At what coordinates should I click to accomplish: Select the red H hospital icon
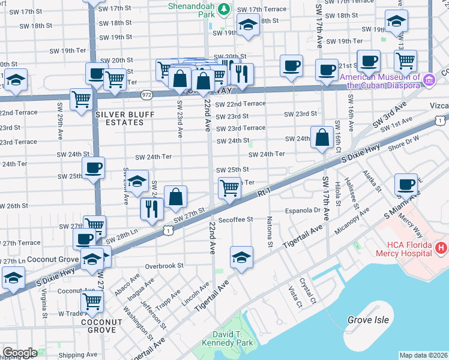pyautogui.click(x=441, y=247)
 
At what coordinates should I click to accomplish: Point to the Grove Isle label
pyautogui.click(x=368, y=320)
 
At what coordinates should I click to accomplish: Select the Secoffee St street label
pyautogui.click(x=237, y=220)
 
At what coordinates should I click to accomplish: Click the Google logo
pyautogui.click(x=19, y=353)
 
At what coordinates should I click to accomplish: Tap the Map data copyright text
pyautogui.click(x=424, y=355)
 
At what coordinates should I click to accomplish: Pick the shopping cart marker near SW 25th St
pyautogui.click(x=229, y=188)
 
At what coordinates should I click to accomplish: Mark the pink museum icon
pyautogui.click(x=429, y=80)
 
